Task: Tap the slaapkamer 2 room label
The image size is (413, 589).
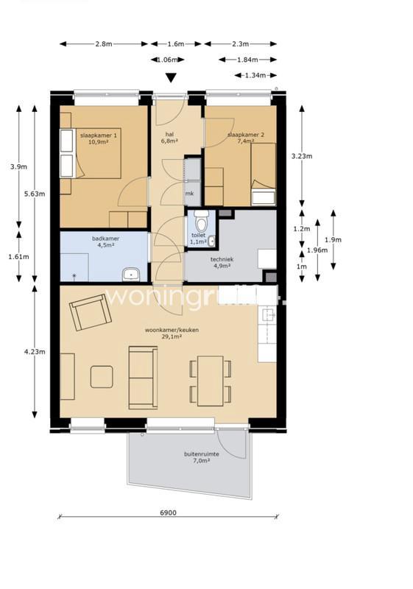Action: point(246,139)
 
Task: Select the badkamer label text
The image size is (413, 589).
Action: point(105,242)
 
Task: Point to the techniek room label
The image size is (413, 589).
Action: point(222,263)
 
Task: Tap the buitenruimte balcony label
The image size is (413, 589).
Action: point(201,459)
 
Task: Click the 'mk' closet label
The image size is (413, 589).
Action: point(189,193)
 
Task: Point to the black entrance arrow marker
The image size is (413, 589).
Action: point(171,78)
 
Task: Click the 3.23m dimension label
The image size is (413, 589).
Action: point(302,156)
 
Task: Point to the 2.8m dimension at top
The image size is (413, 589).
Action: point(103,44)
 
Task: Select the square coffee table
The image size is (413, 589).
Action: point(102,376)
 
